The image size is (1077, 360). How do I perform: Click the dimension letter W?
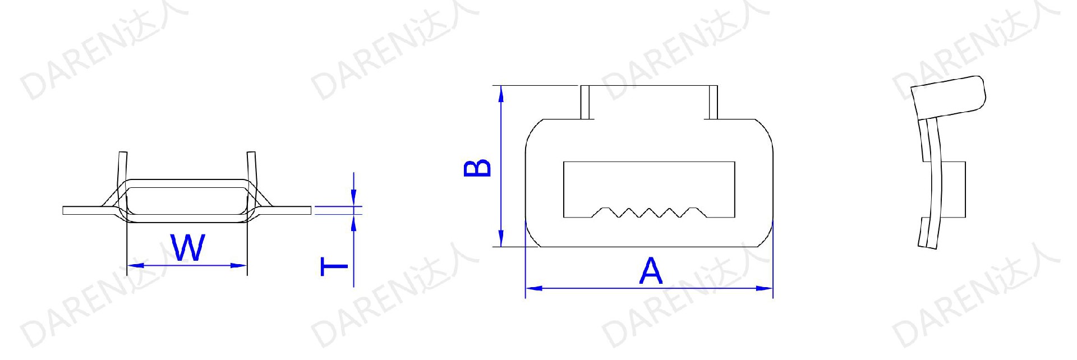[x=188, y=248]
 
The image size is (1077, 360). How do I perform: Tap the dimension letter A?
[x=651, y=271]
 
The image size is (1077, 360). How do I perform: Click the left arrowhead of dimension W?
[x=135, y=265]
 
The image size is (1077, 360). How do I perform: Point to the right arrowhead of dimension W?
[x=240, y=265]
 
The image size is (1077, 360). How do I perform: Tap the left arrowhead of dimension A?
[x=533, y=288]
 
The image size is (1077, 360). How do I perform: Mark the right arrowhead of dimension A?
[x=765, y=288]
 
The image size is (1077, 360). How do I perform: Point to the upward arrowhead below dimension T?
[x=353, y=223]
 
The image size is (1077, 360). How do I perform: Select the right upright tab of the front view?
[x=712, y=102]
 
